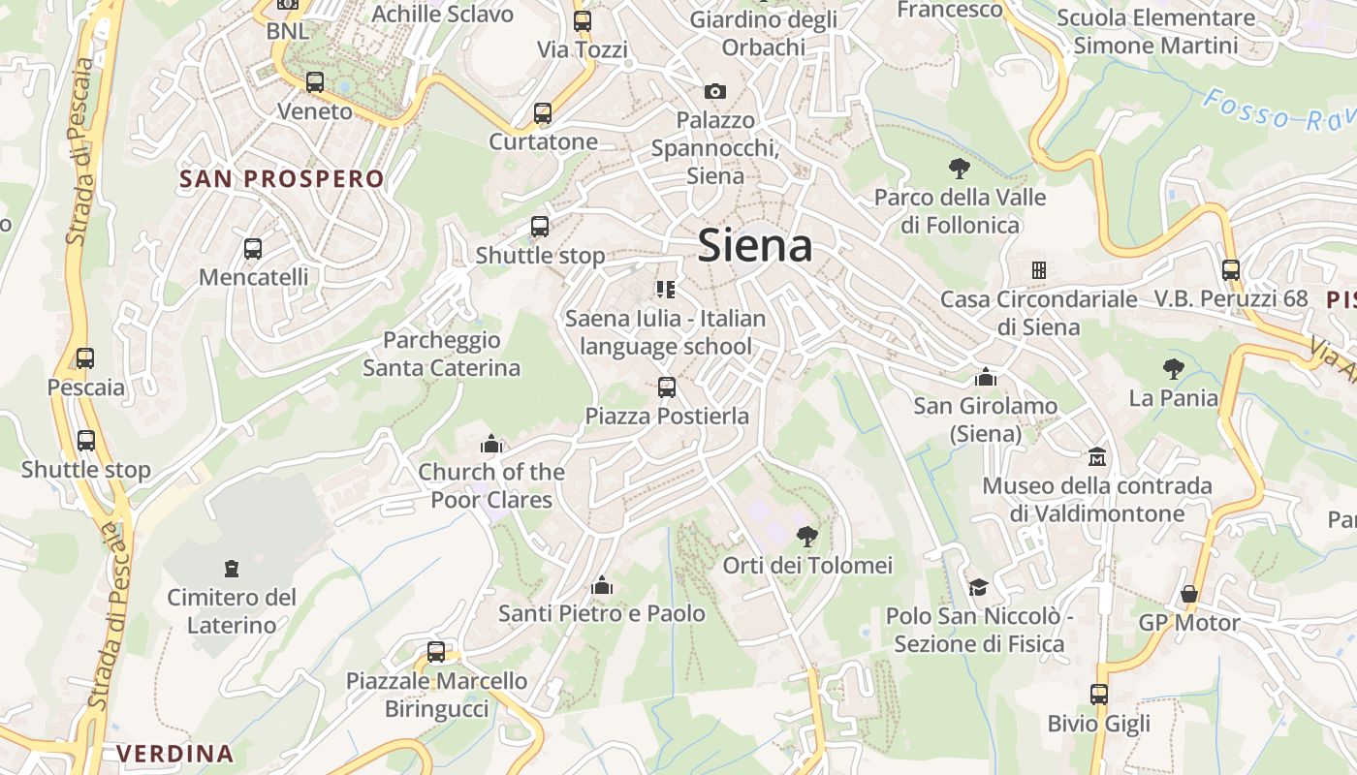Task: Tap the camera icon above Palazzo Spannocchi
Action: tap(715, 91)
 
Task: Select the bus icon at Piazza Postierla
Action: tap(667, 387)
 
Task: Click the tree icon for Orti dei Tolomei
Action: tap(806, 536)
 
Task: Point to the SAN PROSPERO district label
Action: tap(282, 178)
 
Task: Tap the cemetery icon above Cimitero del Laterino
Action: tap(232, 568)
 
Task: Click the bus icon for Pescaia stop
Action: tap(85, 358)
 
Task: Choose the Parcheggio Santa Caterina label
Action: tap(442, 354)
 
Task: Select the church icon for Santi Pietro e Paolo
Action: tap(602, 585)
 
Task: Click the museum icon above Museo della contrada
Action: tap(1097, 456)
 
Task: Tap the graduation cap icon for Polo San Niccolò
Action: tap(978, 587)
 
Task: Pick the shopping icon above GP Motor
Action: tap(1189, 594)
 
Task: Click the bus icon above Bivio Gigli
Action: tap(1098, 695)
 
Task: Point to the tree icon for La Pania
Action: tap(1174, 368)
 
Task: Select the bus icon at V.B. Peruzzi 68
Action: tap(1231, 270)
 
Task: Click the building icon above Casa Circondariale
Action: tap(1039, 269)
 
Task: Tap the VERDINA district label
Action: tap(175, 753)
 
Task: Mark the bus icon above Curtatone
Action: tap(543, 113)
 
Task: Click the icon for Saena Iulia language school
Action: tap(665, 289)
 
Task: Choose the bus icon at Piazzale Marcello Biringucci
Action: tap(436, 652)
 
